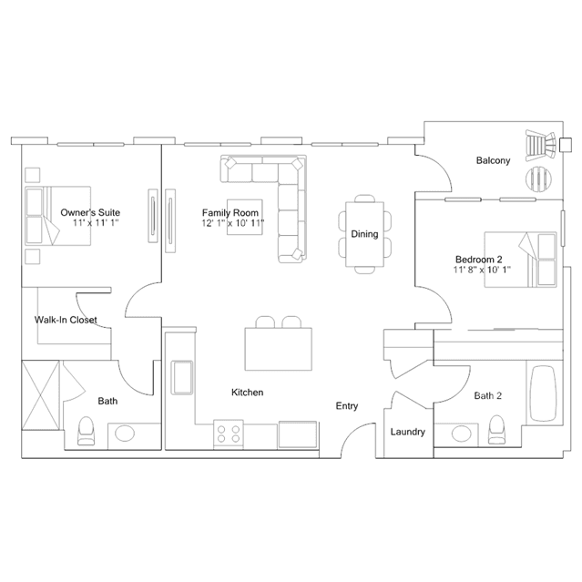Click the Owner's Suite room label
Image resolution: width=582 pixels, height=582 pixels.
tap(90, 213)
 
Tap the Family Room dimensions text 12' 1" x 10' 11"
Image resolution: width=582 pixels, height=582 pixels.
tap(233, 223)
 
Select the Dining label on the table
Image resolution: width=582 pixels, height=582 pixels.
tap(364, 234)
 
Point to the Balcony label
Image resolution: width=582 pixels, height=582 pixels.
tap(493, 160)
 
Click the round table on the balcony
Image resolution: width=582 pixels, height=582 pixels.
tap(538, 179)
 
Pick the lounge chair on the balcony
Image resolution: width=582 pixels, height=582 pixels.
tap(540, 145)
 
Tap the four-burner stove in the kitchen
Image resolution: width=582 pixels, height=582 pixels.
tap(229, 434)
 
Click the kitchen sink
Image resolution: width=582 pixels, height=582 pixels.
tap(181, 377)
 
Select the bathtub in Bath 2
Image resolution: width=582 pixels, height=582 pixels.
tap(544, 393)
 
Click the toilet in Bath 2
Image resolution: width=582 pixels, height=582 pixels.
tap(496, 430)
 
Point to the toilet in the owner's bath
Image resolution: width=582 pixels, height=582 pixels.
tap(86, 431)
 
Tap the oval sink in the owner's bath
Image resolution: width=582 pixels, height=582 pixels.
tap(125, 434)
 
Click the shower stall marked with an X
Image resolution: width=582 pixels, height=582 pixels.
tap(40, 395)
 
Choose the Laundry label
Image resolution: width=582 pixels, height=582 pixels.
tap(407, 432)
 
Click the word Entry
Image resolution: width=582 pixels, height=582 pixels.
tap(347, 406)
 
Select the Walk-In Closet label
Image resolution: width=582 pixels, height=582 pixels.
tap(66, 320)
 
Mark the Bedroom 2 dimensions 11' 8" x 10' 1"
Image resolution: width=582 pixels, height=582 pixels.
tap(482, 270)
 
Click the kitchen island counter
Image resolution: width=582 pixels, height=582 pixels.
tap(279, 349)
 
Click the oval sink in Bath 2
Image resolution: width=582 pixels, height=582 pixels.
tap(462, 434)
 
